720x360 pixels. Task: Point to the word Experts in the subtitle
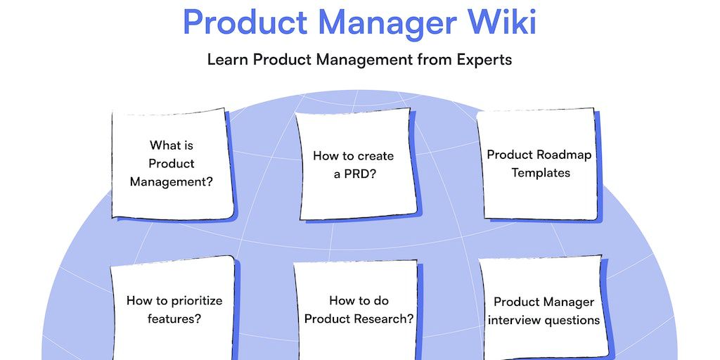tap(484, 60)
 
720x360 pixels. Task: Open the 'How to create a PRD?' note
tap(356, 165)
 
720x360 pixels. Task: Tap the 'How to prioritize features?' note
tap(173, 308)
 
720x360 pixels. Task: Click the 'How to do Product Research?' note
tap(358, 309)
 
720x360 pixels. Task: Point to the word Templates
tap(541, 173)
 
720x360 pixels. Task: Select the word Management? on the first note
tap(172, 182)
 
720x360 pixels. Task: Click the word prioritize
tap(197, 301)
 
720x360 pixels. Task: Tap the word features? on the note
tap(174, 319)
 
